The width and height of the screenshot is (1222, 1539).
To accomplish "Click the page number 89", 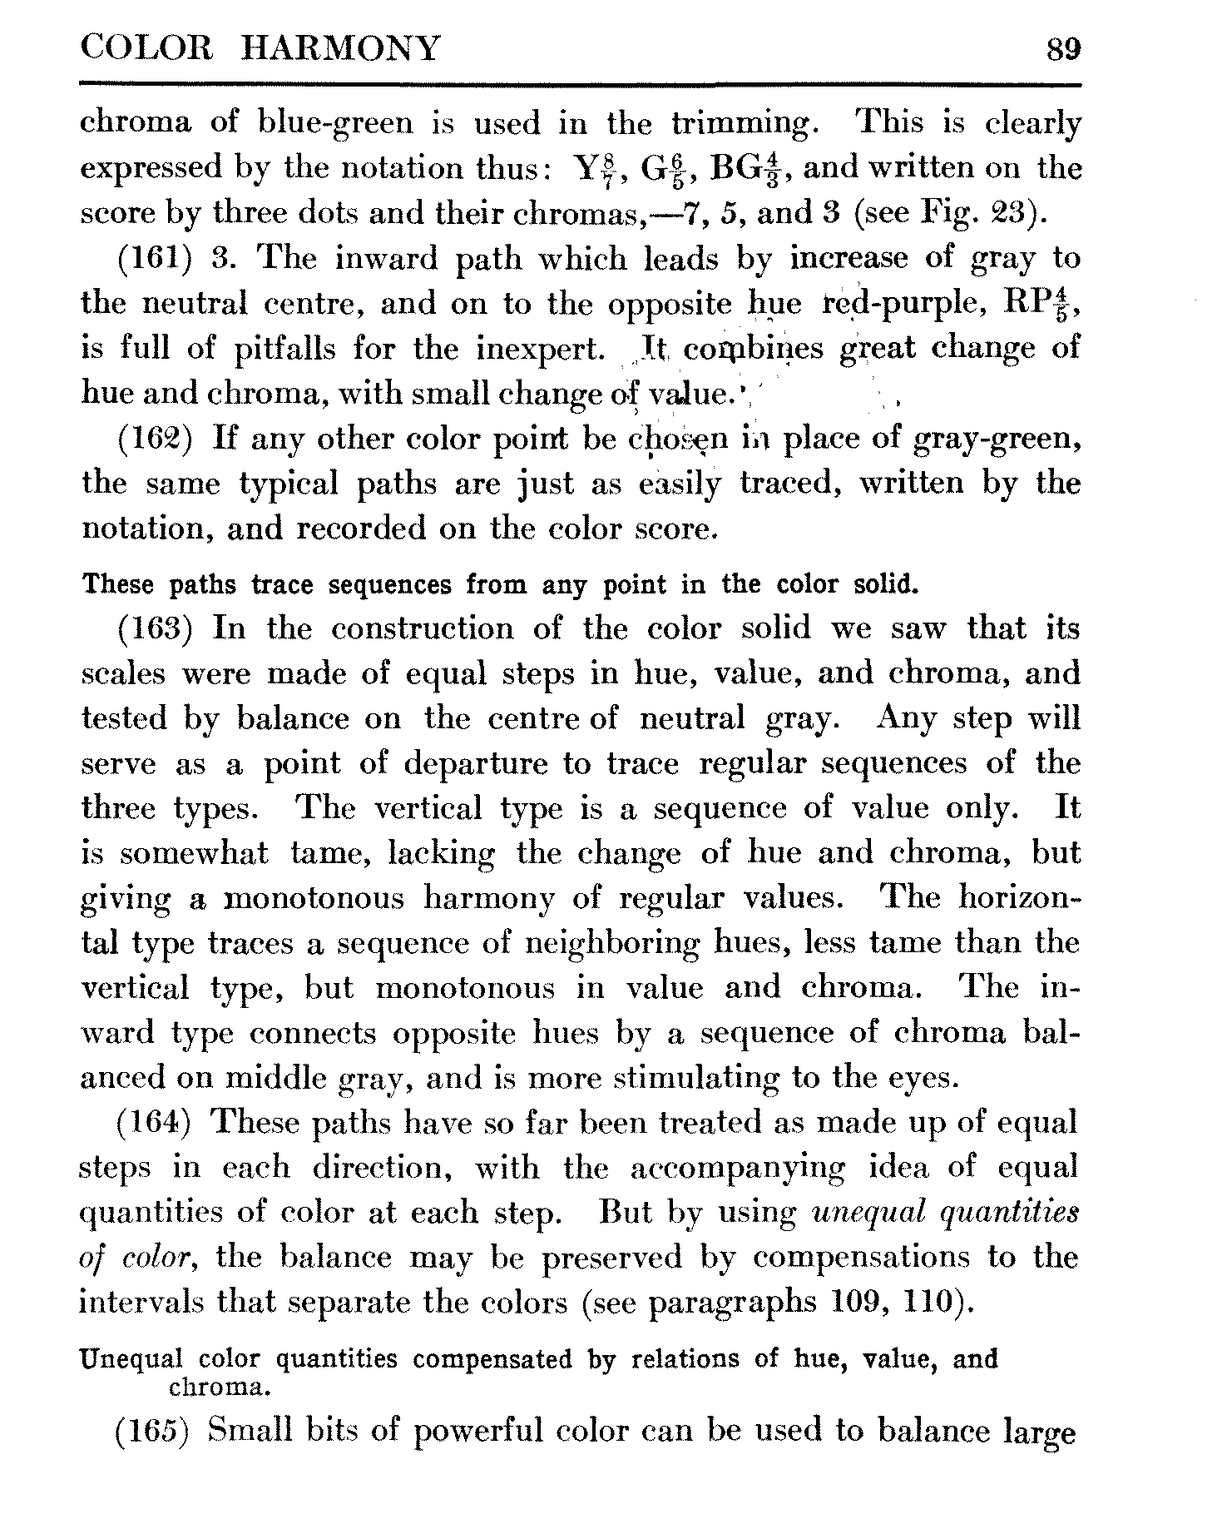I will (1062, 49).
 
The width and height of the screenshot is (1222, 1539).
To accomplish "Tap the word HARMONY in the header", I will (339, 49).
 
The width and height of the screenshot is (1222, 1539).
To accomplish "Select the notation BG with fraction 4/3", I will (745, 169).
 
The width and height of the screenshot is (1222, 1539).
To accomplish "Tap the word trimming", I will (741, 125).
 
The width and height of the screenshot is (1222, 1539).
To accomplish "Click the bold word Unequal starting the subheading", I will (130, 1360).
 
